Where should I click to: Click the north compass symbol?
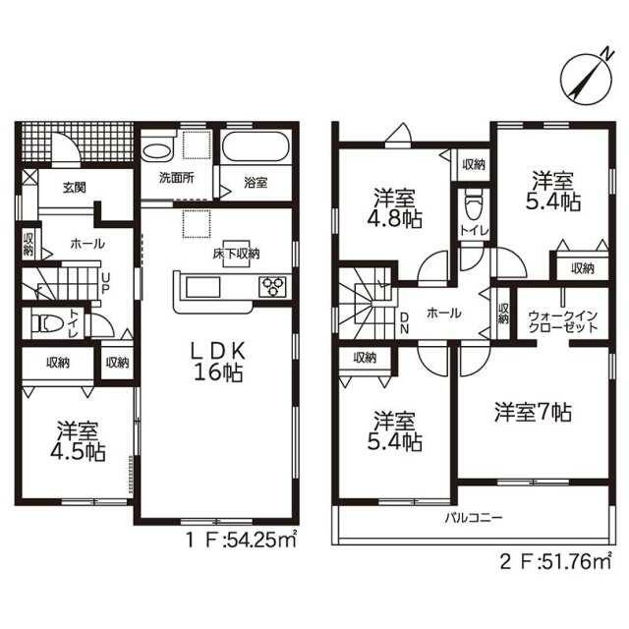click(586, 77)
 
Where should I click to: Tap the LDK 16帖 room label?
click(218, 363)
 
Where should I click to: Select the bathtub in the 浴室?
click(256, 146)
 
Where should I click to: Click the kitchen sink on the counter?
click(202, 287)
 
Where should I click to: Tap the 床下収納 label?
click(236, 254)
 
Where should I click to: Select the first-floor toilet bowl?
click(47, 323)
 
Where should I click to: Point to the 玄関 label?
click(75, 188)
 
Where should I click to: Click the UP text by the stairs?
click(105, 284)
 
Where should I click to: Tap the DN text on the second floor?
click(404, 323)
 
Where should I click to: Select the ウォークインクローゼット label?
click(563, 321)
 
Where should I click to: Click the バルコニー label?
click(474, 517)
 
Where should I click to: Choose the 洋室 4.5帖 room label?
click(78, 440)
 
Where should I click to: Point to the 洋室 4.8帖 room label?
click(394, 207)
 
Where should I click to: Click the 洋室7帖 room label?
click(533, 412)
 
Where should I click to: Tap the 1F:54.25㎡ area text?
click(241, 540)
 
